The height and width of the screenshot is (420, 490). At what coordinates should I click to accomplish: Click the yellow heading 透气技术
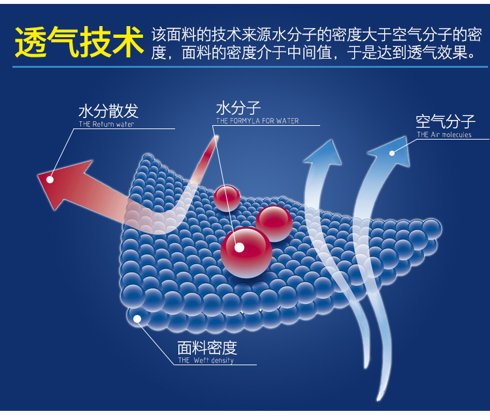pyautogui.click(x=78, y=42)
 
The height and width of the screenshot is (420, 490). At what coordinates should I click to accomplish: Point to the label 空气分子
pyautogui.click(x=445, y=122)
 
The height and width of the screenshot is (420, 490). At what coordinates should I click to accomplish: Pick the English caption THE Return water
pyautogui.click(x=106, y=124)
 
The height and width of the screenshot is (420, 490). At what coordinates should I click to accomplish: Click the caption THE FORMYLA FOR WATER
pyautogui.click(x=257, y=121)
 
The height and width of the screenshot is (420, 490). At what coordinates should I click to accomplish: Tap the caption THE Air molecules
pyautogui.click(x=444, y=135)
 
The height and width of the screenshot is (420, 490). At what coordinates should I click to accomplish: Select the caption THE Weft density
pyautogui.click(x=205, y=361)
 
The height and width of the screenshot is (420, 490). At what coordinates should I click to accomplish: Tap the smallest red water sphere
pyautogui.click(x=227, y=198)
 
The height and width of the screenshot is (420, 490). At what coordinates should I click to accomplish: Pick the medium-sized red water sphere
pyautogui.click(x=274, y=222)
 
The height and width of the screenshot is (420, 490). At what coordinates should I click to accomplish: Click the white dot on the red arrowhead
pyautogui.click(x=50, y=177)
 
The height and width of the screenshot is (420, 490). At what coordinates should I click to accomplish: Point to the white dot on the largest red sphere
pyautogui.click(x=239, y=247)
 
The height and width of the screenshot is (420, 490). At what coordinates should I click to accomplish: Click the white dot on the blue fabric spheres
pyautogui.click(x=137, y=319)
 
